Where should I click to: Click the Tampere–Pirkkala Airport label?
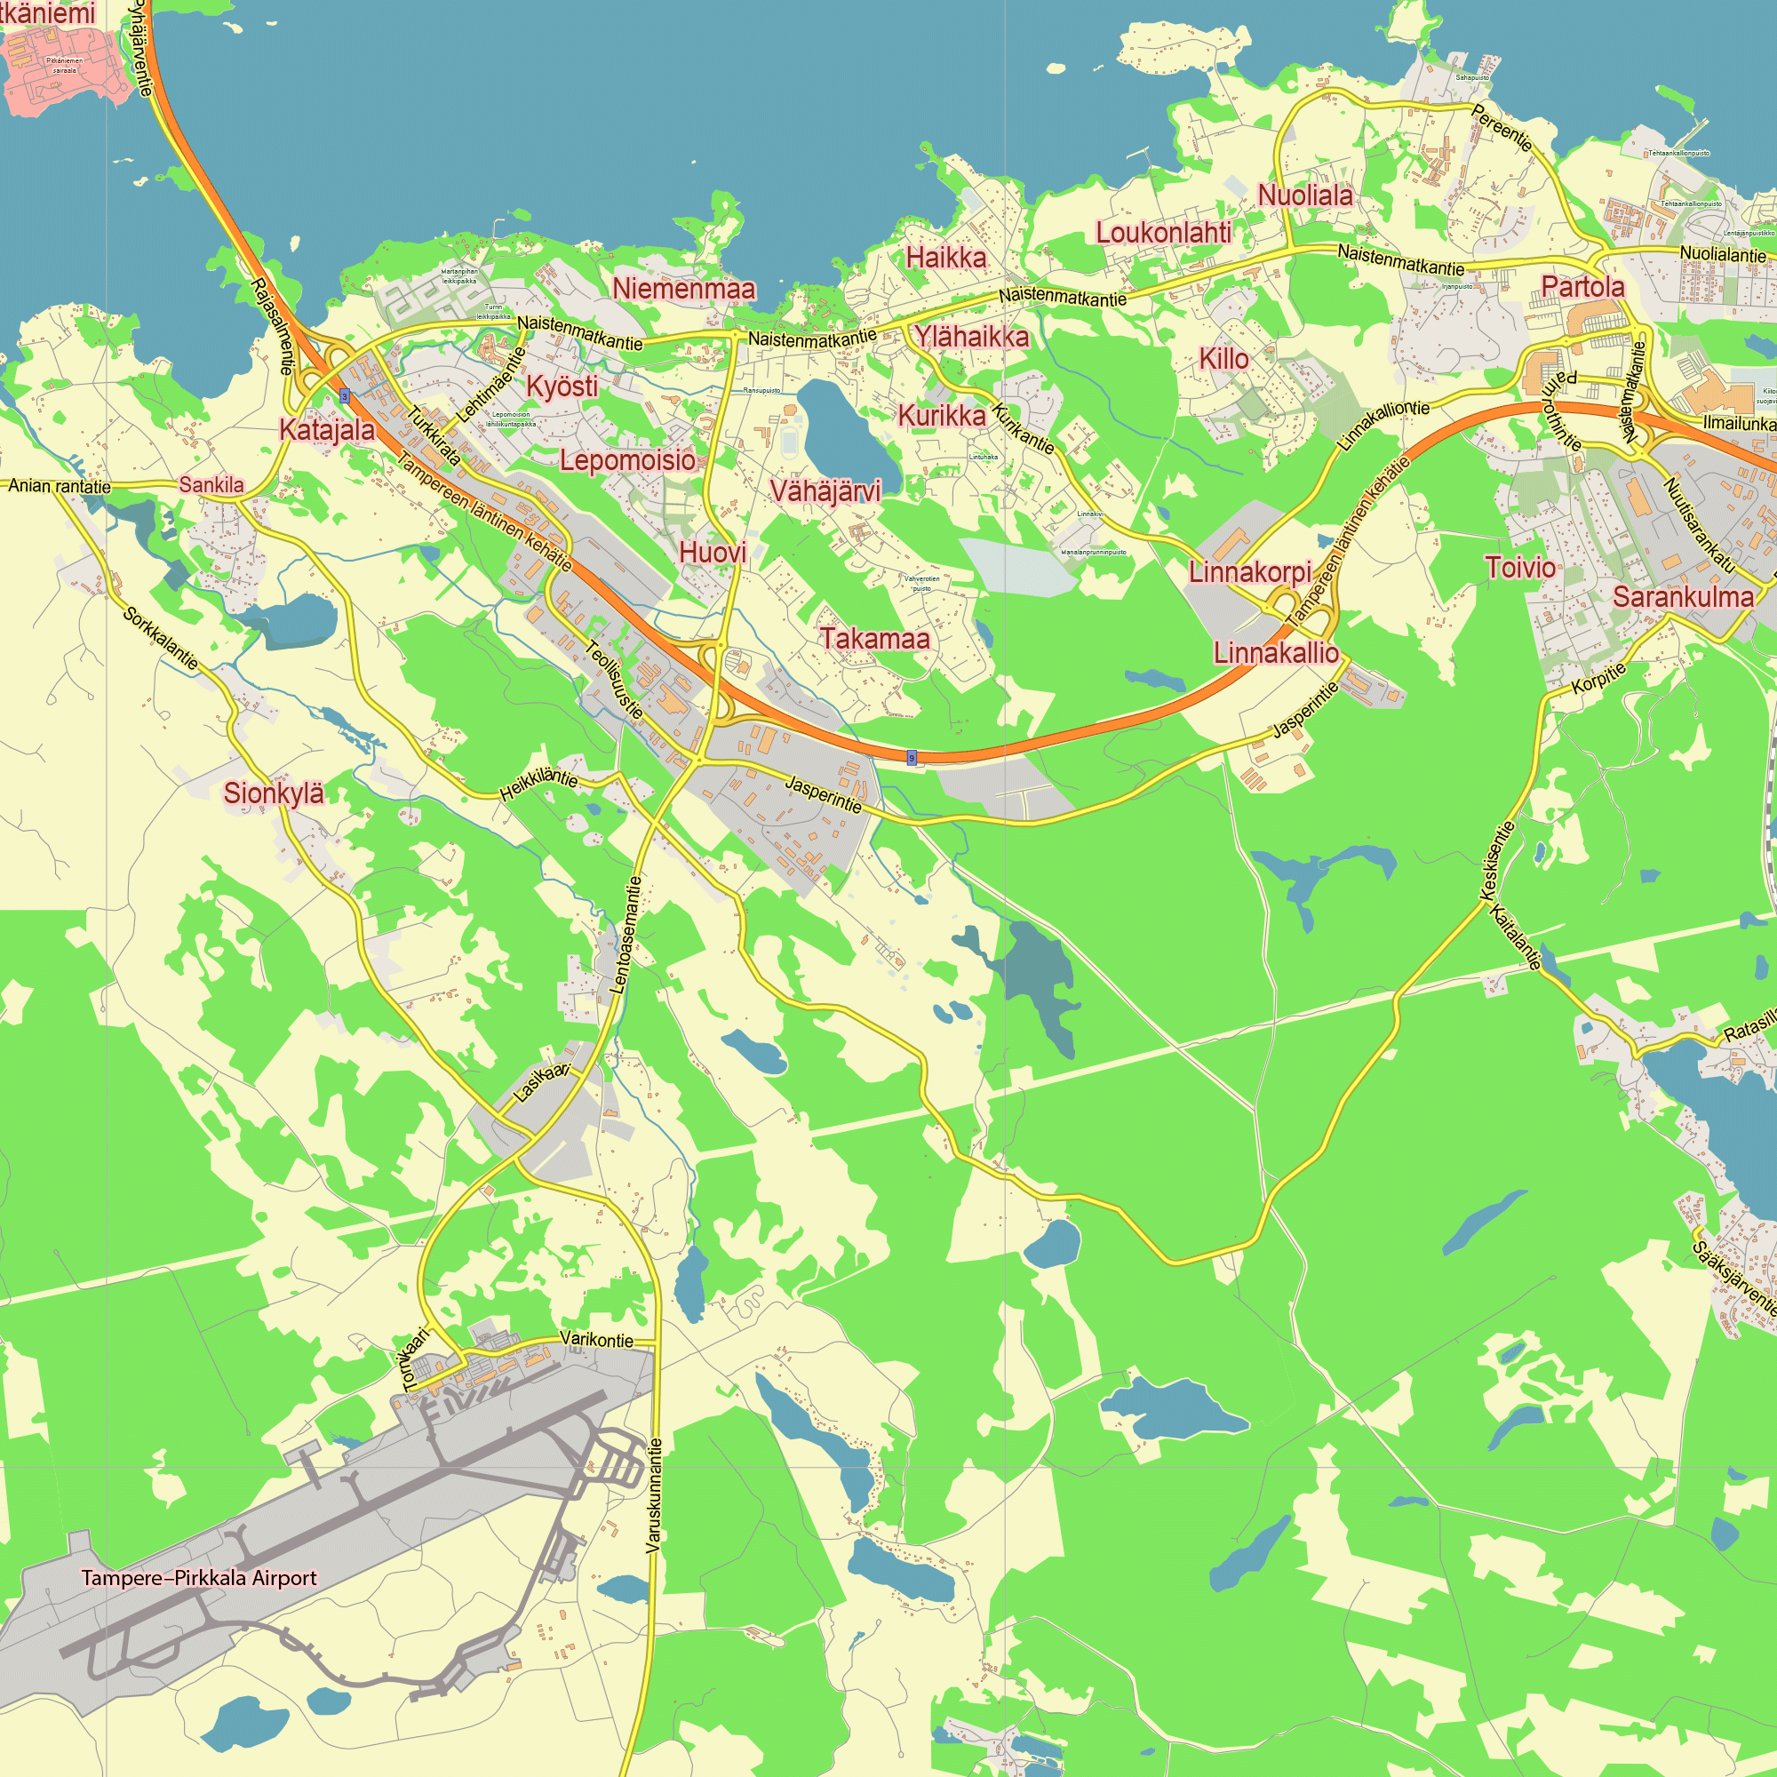point(199,1577)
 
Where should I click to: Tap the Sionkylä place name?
point(273,793)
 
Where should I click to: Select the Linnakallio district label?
point(1276,653)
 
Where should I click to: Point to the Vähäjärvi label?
point(825,491)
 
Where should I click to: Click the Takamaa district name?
point(874,638)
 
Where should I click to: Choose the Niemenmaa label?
point(683,289)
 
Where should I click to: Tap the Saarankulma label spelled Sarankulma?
point(1683,597)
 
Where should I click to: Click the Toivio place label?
point(1520,568)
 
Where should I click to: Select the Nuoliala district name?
point(1305,195)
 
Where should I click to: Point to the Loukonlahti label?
point(1162,233)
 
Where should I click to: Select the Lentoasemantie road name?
point(626,936)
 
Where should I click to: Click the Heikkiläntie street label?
point(539,785)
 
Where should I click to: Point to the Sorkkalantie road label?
point(160,638)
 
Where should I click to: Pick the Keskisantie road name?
point(1495,860)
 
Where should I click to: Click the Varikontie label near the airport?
point(596,1340)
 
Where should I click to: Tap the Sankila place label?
point(211,485)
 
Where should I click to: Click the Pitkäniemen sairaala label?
point(64,65)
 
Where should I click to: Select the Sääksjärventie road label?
point(1734,1278)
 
